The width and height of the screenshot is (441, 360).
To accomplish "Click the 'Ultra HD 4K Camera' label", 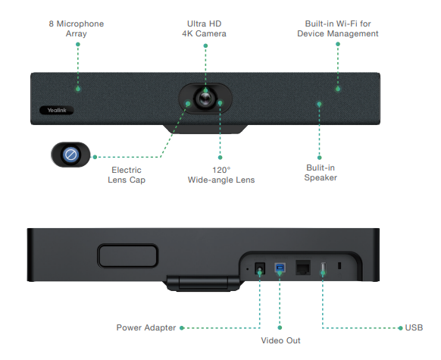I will (x=204, y=29).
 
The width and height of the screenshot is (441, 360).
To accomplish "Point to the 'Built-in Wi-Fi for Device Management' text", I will (x=337, y=29).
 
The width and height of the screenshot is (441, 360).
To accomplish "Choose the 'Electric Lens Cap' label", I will (x=127, y=174).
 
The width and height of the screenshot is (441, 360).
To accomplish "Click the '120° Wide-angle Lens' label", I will (x=221, y=174).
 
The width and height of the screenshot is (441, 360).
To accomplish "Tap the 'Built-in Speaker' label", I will (x=321, y=173).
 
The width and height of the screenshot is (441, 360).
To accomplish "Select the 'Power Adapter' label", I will (x=145, y=327).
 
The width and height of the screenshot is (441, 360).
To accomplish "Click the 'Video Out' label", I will (x=280, y=341).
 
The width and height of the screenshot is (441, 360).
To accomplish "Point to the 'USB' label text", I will (x=414, y=327).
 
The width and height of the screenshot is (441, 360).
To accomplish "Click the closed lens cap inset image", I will (x=70, y=155).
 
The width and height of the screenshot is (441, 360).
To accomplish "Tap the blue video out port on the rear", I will (x=280, y=268).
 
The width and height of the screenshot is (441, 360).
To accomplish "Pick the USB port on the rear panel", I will (x=323, y=268).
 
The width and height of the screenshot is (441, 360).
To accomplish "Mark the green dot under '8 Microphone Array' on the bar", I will (x=77, y=89).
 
